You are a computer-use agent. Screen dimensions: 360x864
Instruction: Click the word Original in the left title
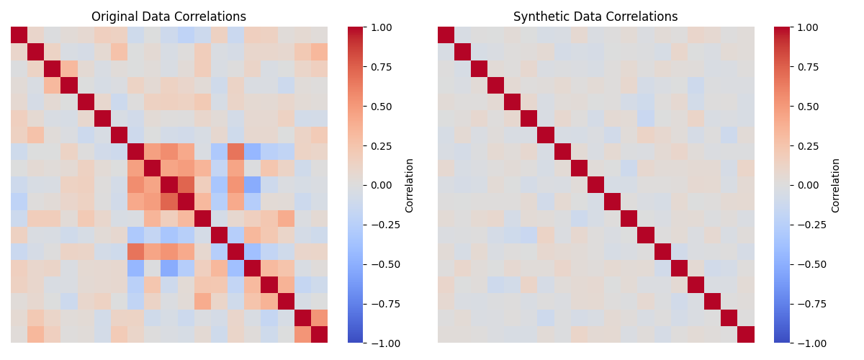point(115,17)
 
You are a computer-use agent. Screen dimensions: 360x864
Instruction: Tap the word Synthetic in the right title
point(541,17)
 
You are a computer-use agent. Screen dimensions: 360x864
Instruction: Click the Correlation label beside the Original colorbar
point(410,185)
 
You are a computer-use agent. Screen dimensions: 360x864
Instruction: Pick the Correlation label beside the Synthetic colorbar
point(836,185)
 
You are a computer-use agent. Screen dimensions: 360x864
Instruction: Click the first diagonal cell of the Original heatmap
point(19,35)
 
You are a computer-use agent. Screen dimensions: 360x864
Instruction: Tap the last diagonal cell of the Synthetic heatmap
point(746,335)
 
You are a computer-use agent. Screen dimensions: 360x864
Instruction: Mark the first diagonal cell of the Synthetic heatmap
point(446,35)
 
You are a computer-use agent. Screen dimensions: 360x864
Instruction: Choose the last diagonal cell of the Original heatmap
point(319,335)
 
